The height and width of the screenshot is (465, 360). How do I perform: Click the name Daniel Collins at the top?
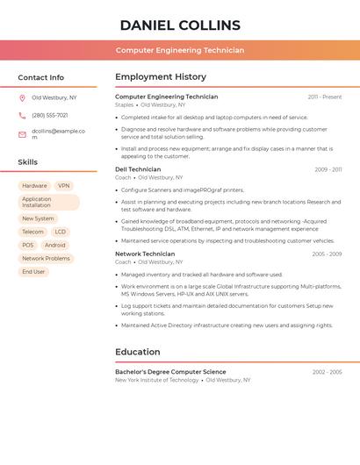tap(180, 25)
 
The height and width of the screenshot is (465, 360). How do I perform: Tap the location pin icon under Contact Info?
tap(22, 97)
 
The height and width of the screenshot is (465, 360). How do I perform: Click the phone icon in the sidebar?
tap(22, 115)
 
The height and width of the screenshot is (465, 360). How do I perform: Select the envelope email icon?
tap(22, 134)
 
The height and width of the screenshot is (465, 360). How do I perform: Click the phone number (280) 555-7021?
tap(50, 115)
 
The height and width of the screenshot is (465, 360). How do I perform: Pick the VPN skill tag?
tap(63, 186)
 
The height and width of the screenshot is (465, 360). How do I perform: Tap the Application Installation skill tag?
tap(48, 203)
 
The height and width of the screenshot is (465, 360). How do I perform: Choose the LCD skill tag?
tap(61, 232)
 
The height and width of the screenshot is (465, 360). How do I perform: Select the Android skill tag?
tap(54, 246)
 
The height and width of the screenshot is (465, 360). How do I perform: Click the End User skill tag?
tap(33, 272)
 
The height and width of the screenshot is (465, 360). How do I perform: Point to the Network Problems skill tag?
tap(46, 259)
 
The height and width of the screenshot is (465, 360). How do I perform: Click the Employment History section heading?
tap(161, 76)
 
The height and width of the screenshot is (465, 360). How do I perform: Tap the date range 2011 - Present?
tap(325, 97)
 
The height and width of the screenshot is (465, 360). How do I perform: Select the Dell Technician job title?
tap(138, 169)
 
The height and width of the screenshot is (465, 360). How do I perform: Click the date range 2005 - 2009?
tap(327, 254)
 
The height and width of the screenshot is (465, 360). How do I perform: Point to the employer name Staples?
tap(124, 104)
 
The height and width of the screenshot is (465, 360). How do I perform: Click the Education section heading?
tap(138, 352)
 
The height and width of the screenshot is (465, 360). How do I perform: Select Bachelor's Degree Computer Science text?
tap(170, 372)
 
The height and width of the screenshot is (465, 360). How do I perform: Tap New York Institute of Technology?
tap(156, 380)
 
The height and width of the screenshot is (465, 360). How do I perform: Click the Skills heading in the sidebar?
tap(28, 162)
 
